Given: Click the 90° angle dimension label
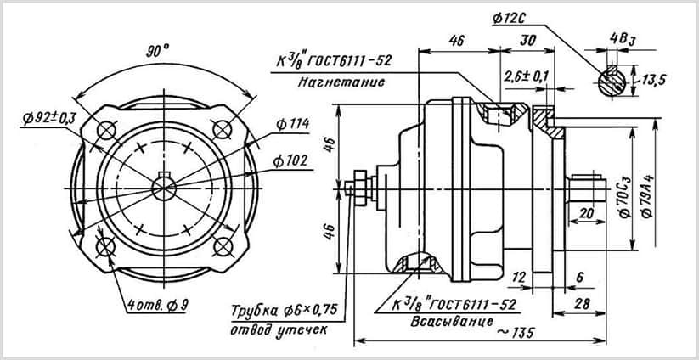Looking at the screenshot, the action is click(158, 51).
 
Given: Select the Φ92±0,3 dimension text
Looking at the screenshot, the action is click(49, 118).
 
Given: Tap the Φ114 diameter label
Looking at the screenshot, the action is click(293, 124).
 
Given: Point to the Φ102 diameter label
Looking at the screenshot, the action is click(290, 161).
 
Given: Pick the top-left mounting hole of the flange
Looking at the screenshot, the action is click(106, 131).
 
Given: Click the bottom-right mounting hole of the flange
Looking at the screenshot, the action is click(223, 247).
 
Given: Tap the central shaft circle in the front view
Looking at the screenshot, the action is click(164, 188).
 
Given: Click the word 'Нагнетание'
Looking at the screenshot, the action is click(341, 82).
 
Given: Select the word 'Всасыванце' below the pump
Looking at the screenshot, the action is click(452, 321).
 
